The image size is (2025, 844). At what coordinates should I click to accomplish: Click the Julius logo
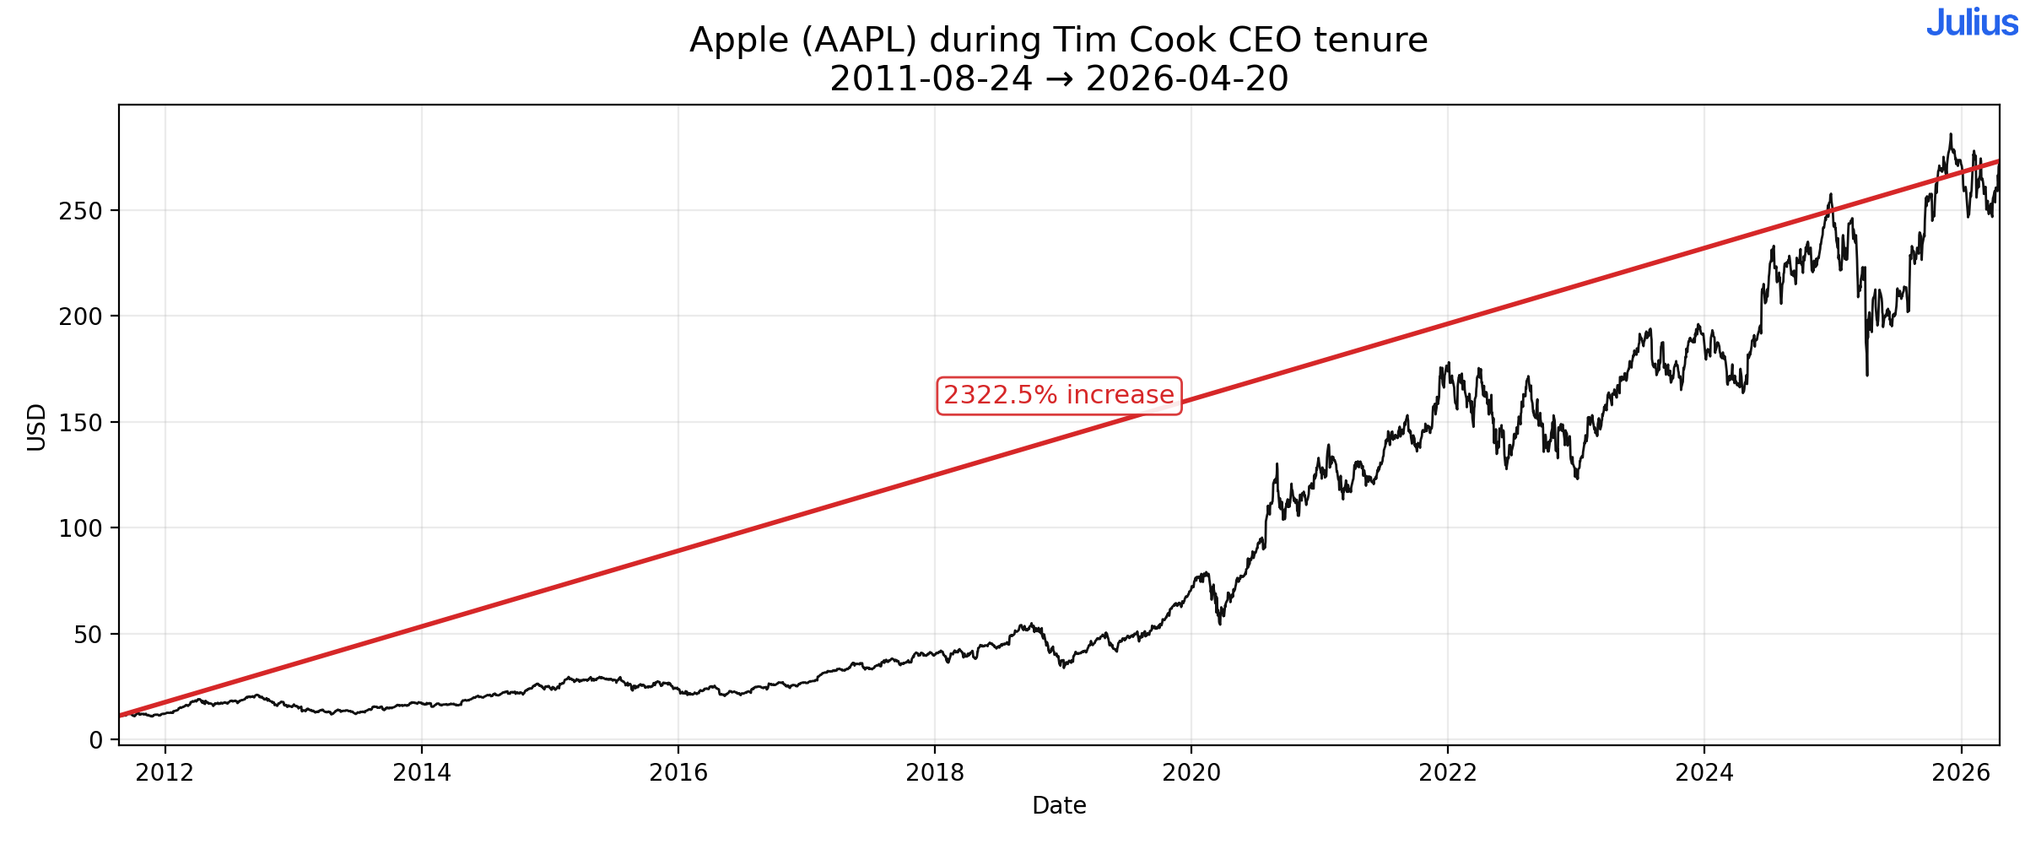tap(1971, 23)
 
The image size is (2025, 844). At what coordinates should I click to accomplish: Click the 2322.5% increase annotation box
tap(1058, 396)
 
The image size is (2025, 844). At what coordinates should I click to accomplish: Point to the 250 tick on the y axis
tap(80, 211)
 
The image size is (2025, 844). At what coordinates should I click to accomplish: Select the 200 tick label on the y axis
tap(80, 316)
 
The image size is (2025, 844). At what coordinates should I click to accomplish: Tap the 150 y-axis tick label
tap(80, 423)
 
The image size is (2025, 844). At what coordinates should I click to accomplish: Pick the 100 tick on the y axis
tap(80, 528)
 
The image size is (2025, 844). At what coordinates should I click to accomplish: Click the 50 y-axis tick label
tap(88, 635)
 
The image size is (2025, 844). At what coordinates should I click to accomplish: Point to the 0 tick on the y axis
tap(95, 740)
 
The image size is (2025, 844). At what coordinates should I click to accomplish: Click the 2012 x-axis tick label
tap(165, 772)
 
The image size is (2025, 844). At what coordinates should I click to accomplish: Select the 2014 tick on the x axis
tap(421, 772)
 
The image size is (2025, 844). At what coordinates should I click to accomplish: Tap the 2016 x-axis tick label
tap(678, 772)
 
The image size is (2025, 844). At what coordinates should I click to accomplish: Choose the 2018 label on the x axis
tap(934, 772)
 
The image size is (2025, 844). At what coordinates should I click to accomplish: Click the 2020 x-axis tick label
tap(1191, 772)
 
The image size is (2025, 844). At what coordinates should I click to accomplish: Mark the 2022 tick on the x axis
tap(1447, 772)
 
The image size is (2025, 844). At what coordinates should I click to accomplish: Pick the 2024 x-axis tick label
tap(1704, 772)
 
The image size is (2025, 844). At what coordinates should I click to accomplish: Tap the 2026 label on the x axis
tap(1960, 772)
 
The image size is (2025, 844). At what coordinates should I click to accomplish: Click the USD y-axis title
tap(36, 427)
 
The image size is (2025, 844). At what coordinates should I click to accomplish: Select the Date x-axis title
tap(1058, 806)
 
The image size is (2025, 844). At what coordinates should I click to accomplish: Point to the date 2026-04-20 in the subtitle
tap(1186, 79)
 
